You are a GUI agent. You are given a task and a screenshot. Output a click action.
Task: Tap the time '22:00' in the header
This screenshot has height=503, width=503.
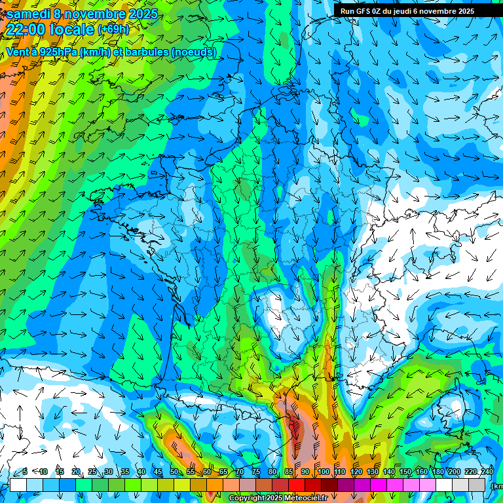(26, 29)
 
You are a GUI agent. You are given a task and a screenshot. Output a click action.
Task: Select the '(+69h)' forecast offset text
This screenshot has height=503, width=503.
(113, 29)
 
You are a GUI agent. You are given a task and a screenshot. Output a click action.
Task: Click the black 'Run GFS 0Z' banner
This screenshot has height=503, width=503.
(412, 10)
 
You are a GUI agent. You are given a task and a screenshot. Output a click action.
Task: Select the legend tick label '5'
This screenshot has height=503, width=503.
(24, 472)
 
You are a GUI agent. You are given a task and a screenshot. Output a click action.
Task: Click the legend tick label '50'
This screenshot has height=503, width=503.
(174, 472)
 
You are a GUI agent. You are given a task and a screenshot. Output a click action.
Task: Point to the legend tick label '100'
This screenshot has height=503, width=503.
(323, 472)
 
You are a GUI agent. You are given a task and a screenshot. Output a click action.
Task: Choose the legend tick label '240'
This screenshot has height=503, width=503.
(487, 472)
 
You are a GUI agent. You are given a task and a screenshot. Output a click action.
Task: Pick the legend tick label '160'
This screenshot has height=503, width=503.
(422, 472)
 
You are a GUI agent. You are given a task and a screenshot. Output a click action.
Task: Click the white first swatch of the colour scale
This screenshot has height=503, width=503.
(18, 485)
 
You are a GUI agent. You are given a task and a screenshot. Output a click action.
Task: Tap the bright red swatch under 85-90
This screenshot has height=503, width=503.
(297, 485)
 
